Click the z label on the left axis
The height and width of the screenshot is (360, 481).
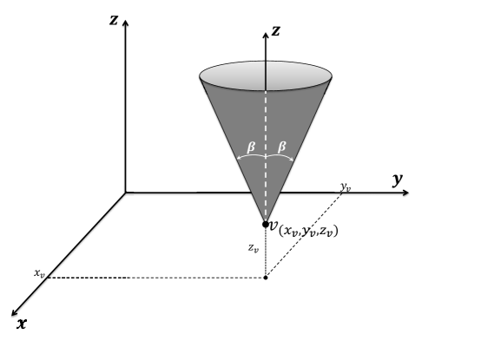pos(114,19)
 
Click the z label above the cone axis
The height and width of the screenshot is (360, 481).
pos(275,31)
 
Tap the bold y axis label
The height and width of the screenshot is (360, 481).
pos(398,180)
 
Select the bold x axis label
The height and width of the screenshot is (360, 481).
pos(21,324)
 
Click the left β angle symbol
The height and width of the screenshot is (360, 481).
pos(252,147)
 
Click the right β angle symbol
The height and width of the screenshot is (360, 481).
pos(281,147)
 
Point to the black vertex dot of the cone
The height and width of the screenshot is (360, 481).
pos(266,224)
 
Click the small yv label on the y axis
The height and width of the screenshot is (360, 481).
pos(346,187)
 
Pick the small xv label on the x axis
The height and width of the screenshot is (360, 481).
pos(39,273)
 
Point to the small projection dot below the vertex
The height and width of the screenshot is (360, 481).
pos(266,278)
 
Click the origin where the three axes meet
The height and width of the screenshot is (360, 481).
pos(127,193)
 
